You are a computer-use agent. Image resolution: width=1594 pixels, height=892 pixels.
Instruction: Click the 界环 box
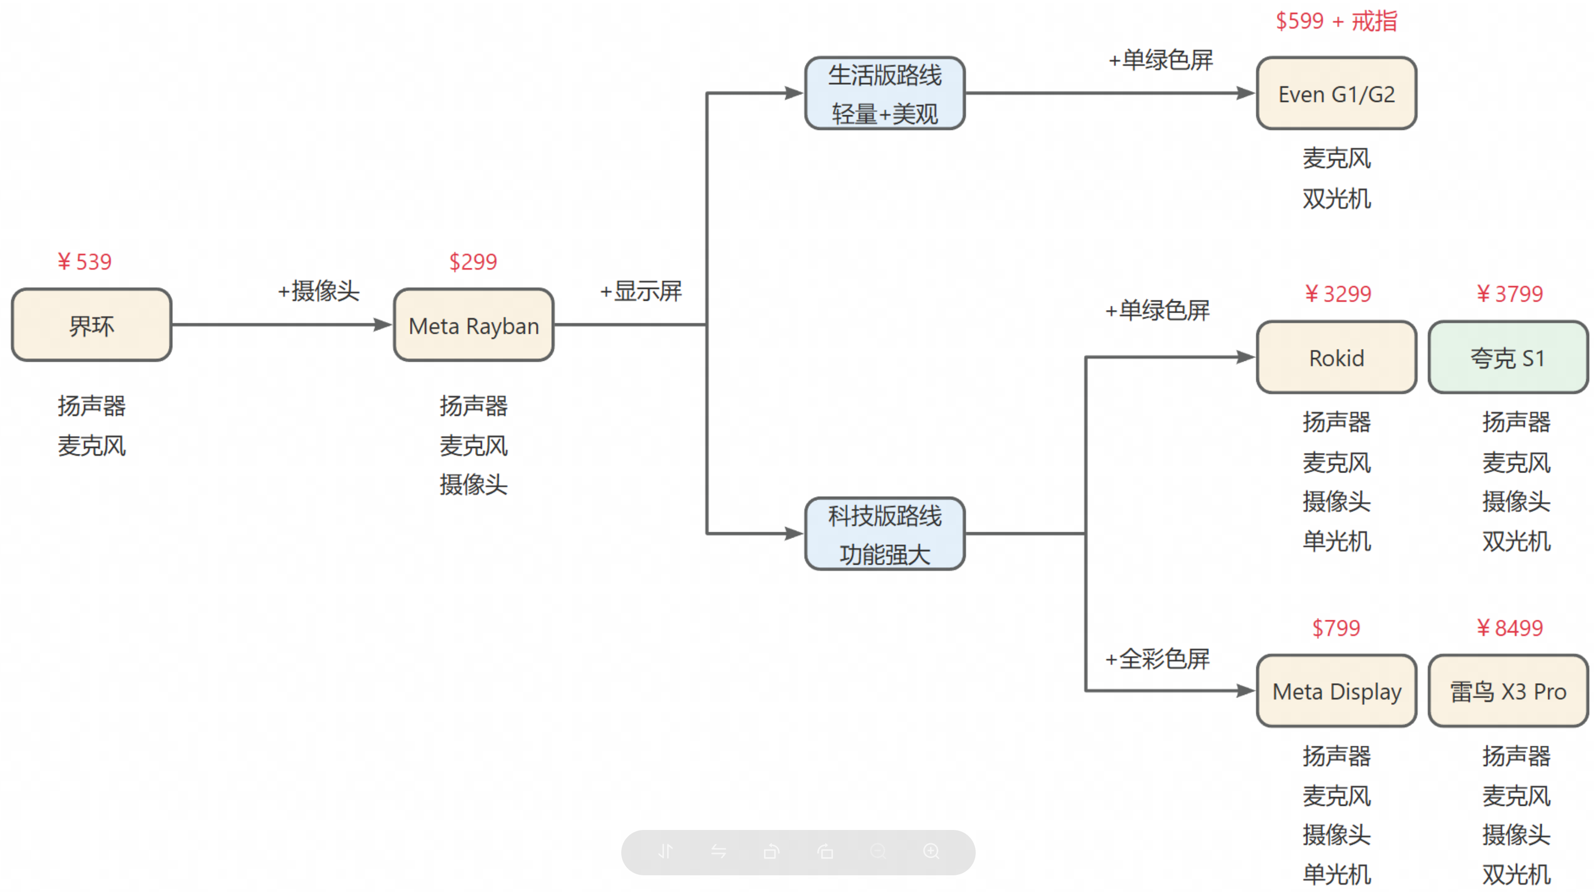tap(92, 325)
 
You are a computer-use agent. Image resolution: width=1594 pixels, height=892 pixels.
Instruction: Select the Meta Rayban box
tap(474, 325)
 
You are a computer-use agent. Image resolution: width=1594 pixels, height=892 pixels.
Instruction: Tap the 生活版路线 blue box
tap(884, 94)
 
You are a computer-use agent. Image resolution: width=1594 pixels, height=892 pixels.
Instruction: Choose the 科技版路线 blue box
tap(884, 534)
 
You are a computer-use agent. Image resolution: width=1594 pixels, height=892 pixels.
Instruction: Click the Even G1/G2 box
tap(1336, 94)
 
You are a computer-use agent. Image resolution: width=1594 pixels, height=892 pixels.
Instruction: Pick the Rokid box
tap(1336, 357)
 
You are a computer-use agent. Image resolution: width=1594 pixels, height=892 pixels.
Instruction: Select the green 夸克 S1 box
tap(1507, 357)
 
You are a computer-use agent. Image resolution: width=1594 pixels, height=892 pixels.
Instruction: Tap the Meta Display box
tap(1336, 691)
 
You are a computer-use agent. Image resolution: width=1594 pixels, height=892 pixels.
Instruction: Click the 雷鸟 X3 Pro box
tap(1507, 691)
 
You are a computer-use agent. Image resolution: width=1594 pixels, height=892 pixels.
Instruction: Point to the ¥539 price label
tap(85, 262)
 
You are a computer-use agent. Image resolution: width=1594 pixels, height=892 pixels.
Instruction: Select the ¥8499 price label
tap(1509, 628)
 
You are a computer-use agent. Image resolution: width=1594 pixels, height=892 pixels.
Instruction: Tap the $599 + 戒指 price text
tap(1336, 22)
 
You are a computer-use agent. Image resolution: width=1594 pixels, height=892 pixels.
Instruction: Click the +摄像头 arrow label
tap(318, 291)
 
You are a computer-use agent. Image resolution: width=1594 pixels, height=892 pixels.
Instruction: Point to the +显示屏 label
tap(640, 291)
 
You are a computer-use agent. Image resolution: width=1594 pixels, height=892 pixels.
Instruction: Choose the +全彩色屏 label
tap(1157, 659)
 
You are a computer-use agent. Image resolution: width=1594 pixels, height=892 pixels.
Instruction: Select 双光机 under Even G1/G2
tap(1336, 198)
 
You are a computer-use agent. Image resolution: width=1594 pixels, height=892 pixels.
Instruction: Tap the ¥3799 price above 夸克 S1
tap(1509, 294)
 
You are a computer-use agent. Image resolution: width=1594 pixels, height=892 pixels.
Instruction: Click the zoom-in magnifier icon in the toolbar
tap(931, 852)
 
